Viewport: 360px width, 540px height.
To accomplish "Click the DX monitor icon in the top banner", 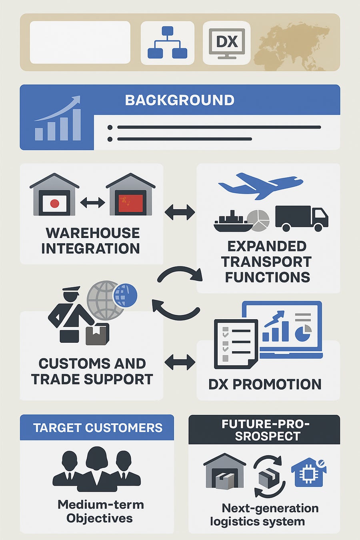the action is click(x=227, y=43).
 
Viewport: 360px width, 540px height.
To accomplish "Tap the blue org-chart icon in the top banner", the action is click(x=167, y=42).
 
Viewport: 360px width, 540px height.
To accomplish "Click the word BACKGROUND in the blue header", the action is click(x=180, y=100).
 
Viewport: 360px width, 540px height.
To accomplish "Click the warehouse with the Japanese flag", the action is click(x=54, y=194).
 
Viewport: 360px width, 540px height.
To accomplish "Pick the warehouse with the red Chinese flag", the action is click(x=130, y=194).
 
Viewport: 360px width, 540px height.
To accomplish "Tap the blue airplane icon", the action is click(x=260, y=186).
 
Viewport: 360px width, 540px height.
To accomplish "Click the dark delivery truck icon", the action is click(x=302, y=218).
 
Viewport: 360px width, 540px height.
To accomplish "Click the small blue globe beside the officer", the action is click(x=125, y=295).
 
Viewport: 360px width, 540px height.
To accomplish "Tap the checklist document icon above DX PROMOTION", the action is click(x=236, y=344).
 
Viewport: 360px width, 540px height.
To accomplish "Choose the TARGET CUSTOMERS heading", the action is click(x=98, y=428).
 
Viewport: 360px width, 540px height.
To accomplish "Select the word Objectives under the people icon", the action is click(x=100, y=518).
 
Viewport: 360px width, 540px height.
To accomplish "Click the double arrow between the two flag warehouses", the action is click(x=92, y=202).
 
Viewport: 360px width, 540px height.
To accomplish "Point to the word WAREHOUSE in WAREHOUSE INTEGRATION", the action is click(x=93, y=233).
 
